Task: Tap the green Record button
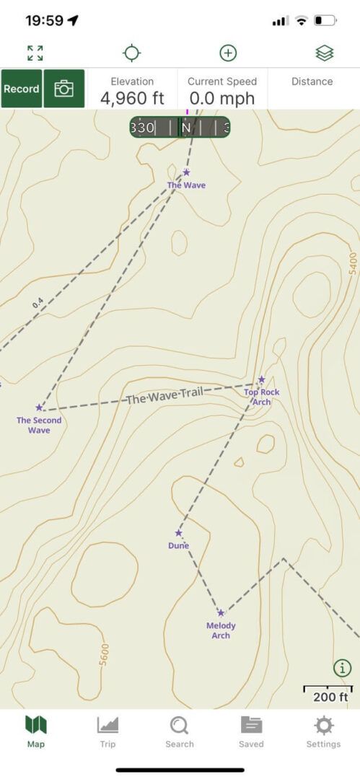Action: (22, 89)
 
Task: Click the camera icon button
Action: (64, 89)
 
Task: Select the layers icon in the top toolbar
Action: (324, 53)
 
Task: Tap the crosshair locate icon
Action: (132, 53)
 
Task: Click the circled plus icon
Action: (228, 53)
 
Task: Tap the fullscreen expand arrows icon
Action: (35, 53)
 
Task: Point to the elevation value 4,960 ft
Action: (132, 97)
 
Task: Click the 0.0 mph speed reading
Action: (221, 97)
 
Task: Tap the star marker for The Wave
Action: (186, 172)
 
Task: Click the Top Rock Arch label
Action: (261, 397)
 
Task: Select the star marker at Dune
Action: (178, 534)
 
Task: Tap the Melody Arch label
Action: (221, 630)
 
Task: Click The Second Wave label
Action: (39, 425)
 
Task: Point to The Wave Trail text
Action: (164, 395)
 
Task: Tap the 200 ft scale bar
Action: (329, 694)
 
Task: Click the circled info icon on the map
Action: (342, 667)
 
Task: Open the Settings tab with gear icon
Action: (323, 731)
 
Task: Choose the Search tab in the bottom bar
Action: (179, 731)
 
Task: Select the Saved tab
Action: (251, 731)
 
